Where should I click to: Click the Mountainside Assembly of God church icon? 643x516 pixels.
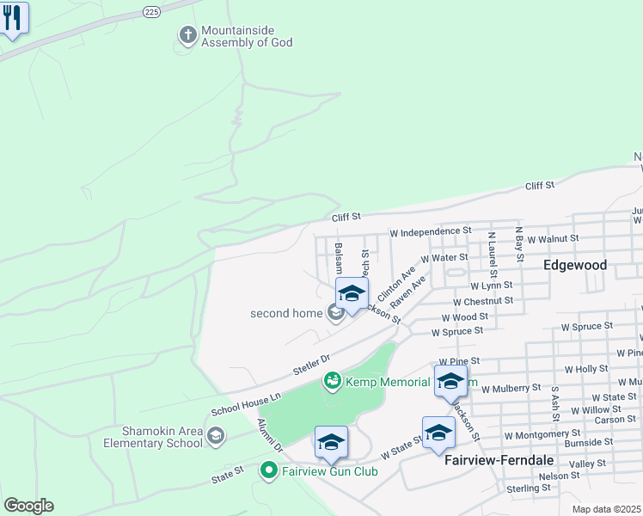[187, 36]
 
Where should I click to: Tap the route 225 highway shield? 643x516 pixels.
[151, 13]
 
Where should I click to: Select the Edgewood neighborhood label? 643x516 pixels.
[575, 266]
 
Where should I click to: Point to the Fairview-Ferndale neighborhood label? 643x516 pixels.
[499, 460]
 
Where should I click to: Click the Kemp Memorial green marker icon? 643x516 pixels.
[332, 379]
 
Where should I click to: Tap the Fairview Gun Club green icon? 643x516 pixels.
[268, 470]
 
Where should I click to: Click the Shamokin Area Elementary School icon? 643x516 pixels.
[215, 437]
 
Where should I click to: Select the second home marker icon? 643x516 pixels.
[334, 313]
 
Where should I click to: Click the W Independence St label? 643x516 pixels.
[431, 231]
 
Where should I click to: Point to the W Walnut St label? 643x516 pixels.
[553, 238]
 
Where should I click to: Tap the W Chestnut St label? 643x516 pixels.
[483, 301]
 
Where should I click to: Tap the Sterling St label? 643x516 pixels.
[529, 488]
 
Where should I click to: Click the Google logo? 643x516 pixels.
[28, 506]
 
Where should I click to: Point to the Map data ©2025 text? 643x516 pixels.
[606, 509]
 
